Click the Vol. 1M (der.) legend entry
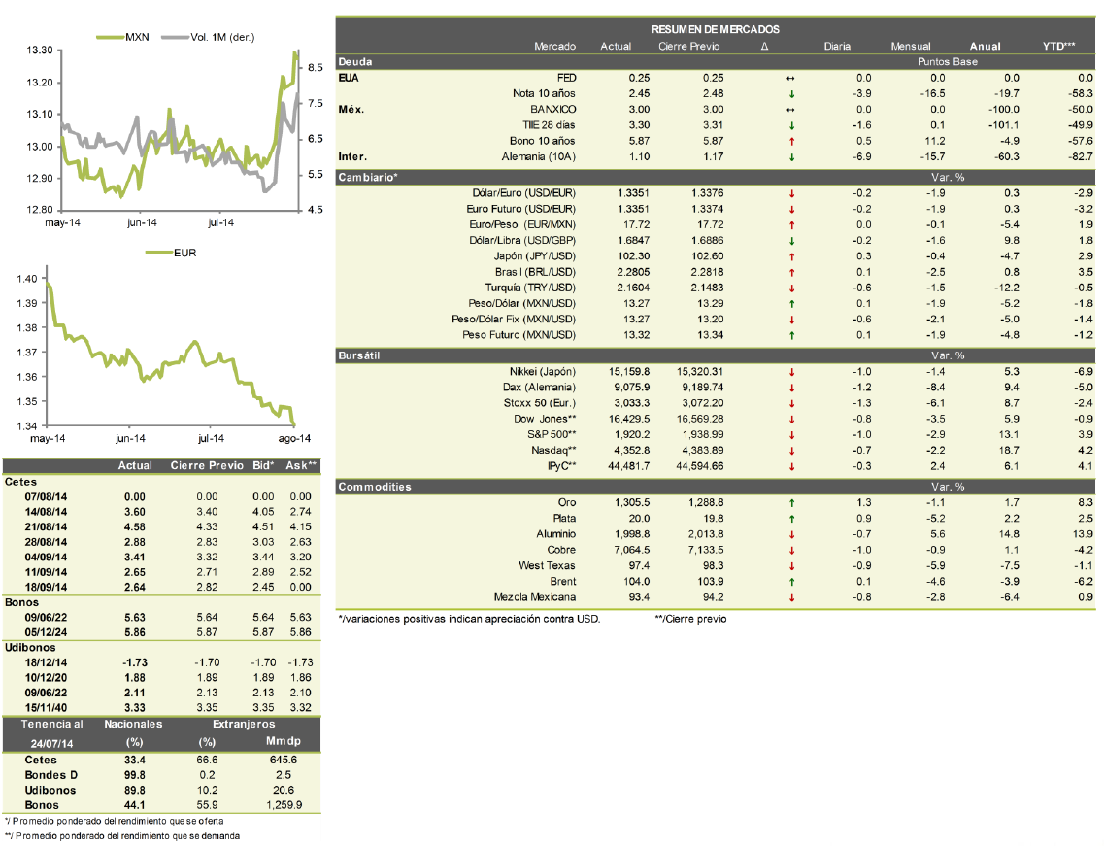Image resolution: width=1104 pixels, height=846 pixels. coord(208,37)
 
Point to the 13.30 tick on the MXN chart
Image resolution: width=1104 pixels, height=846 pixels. coord(40,50)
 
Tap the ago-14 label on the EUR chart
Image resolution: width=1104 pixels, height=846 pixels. coord(294,438)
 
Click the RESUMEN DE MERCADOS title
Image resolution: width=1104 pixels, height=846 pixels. coord(716,29)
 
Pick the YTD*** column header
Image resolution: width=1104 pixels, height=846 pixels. coord(1059,46)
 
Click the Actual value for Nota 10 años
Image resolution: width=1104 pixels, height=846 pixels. coord(639,93)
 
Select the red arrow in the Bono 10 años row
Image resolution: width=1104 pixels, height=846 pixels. coord(791,142)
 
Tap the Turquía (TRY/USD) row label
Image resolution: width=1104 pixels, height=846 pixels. coord(530,288)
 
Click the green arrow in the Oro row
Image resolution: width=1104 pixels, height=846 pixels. coord(791,503)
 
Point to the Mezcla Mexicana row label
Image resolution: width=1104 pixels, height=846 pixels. coord(534,597)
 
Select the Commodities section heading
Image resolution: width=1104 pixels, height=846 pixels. coord(375,487)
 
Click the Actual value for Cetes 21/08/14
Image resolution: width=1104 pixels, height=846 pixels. coord(134,526)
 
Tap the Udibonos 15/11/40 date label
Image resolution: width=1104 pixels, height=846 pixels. coord(46,708)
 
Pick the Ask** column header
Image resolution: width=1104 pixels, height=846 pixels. coord(301,465)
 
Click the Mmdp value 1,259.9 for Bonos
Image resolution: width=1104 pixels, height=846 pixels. coord(284,805)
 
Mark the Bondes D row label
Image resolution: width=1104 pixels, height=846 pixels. coord(50,775)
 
